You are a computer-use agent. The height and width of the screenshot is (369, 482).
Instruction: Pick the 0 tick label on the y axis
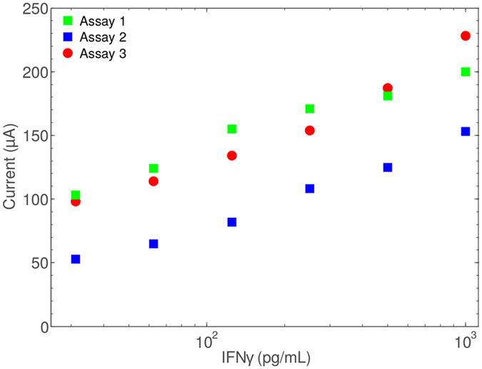[44, 327]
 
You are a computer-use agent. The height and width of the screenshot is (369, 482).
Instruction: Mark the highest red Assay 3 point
[466, 36]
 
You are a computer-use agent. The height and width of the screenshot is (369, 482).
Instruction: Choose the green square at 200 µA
[466, 71]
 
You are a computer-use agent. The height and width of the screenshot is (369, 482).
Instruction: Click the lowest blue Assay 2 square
[76, 259]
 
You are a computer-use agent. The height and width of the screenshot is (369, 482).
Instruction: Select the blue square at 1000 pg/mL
[466, 131]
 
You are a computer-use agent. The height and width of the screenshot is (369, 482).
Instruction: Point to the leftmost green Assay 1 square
[76, 195]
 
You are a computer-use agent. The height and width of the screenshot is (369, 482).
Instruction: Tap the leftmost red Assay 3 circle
[76, 202]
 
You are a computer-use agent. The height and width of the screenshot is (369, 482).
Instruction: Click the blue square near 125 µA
[388, 167]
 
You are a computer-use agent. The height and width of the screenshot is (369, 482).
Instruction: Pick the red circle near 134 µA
[232, 156]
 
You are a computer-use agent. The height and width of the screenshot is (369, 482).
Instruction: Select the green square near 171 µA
[310, 108]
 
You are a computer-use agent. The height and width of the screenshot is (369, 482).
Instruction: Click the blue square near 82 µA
[232, 222]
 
